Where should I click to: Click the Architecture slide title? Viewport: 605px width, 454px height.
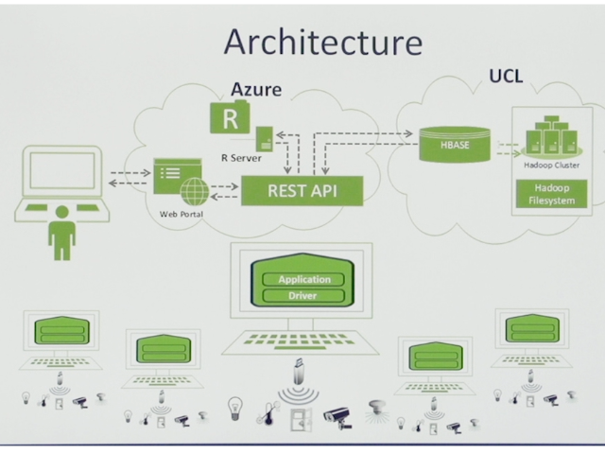[323, 42]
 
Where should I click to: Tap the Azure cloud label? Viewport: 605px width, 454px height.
[256, 89]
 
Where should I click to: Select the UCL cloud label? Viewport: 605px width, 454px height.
[506, 76]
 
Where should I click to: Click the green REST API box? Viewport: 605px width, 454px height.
[302, 191]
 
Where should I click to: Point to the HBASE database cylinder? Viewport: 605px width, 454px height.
[455, 145]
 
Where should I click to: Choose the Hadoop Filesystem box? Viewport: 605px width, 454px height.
[552, 194]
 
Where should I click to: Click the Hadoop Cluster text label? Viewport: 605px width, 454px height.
[552, 166]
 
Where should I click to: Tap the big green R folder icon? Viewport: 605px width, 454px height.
[230, 117]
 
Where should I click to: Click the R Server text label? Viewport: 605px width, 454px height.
[241, 158]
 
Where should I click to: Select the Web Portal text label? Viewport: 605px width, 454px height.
[181, 214]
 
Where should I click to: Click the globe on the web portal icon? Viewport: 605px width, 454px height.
[195, 191]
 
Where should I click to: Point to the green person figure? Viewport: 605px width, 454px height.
[62, 233]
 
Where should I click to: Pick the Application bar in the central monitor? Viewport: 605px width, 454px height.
[303, 280]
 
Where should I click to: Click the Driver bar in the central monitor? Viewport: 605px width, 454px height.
[303, 296]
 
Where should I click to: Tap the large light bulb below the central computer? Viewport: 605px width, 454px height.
[235, 409]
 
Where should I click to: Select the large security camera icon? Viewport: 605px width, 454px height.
[337, 418]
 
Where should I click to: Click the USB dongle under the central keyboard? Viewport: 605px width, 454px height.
[299, 372]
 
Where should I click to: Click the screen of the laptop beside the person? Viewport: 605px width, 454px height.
[62, 170]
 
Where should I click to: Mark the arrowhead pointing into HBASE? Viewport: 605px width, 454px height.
[409, 133]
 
